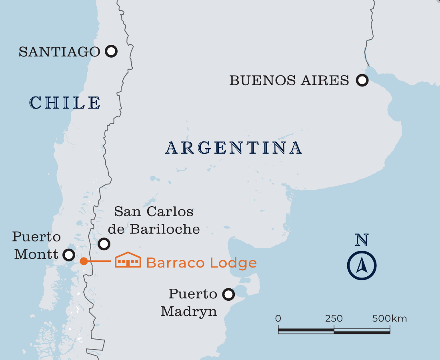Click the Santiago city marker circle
pos(111,51)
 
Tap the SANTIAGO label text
pos(59,52)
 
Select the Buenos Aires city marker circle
pos(362,80)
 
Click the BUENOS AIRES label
pos(289,80)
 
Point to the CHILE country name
pos(65,103)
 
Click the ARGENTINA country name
pos(234,148)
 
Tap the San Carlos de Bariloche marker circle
pos(104,243)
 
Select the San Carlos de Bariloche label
pos(156,220)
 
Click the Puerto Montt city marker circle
pos(69,255)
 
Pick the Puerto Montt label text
pos(36,245)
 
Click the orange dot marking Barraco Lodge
pos(84,261)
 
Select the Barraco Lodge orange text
pos(201,263)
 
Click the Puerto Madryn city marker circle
pos(228,295)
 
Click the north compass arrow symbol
pos(362,265)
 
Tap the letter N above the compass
pos(362,239)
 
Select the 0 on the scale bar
pos(278,319)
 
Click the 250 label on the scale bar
pos(334,319)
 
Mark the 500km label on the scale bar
pos(389,319)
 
